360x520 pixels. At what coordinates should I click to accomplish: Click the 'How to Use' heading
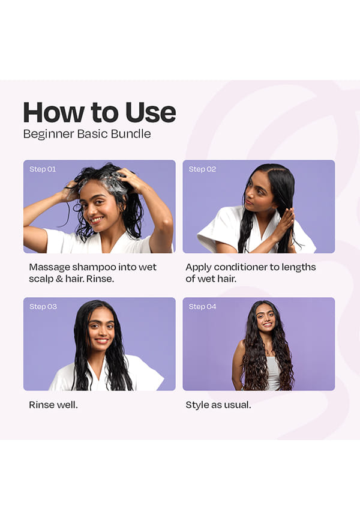[99, 112]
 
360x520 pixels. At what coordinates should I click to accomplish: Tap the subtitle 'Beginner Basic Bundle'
[87, 134]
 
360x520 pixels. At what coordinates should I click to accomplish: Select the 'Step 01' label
[43, 169]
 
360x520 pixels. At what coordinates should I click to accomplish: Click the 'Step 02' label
[202, 169]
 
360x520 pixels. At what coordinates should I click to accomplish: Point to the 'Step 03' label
[43, 306]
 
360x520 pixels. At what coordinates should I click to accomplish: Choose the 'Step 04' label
[202, 306]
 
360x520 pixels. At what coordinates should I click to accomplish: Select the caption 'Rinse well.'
[53, 405]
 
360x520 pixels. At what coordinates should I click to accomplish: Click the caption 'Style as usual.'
[218, 405]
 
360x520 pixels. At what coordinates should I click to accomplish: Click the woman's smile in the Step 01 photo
[97, 219]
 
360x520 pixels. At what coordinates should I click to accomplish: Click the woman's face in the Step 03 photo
[101, 328]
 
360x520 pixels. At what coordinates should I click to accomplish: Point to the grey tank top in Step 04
[272, 372]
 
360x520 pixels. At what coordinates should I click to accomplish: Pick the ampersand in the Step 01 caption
[59, 279]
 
